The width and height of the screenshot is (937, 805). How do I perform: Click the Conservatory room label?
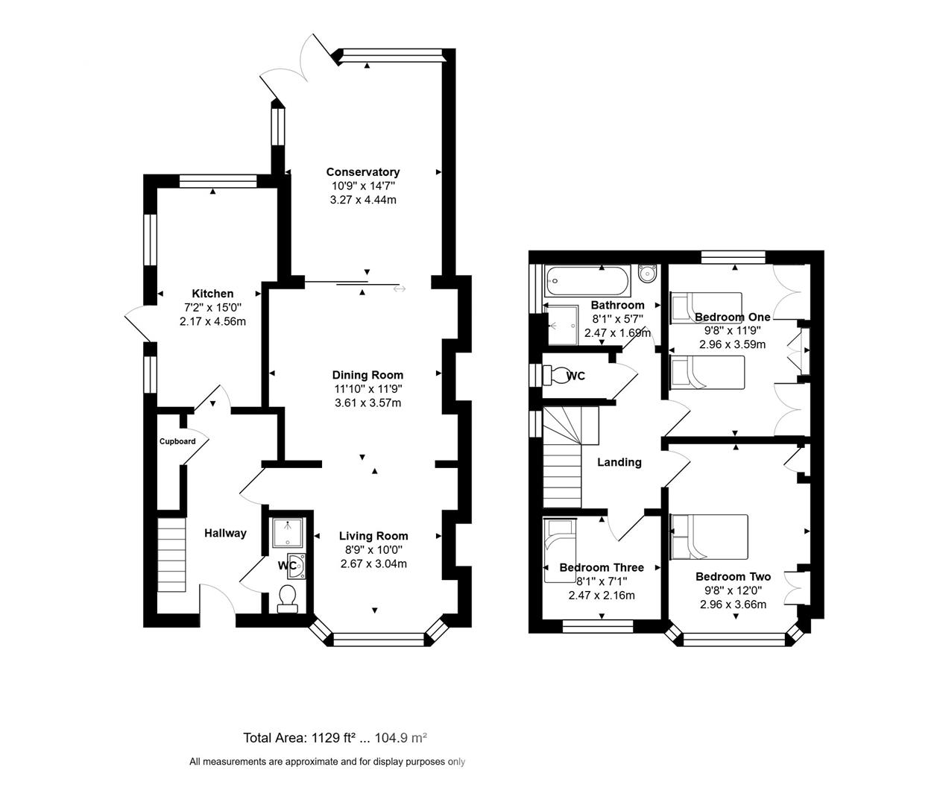pos(362,172)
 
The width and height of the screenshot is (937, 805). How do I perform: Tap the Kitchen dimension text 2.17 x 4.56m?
pos(212,321)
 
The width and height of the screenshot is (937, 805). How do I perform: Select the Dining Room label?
pos(367,375)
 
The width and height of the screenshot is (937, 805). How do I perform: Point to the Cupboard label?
pos(177,441)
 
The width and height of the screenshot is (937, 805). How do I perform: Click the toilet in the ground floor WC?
pos(287,597)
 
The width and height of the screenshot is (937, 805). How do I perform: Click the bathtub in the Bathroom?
pos(587,280)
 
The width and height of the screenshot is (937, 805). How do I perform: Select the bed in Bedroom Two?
pos(709,536)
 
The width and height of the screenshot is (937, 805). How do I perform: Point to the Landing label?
pos(619,462)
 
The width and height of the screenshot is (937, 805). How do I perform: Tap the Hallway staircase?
pos(171,555)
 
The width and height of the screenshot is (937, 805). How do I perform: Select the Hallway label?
pos(225,533)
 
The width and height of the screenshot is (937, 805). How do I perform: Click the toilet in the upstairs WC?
pos(555,375)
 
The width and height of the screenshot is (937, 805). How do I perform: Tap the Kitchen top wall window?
pos(218,180)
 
